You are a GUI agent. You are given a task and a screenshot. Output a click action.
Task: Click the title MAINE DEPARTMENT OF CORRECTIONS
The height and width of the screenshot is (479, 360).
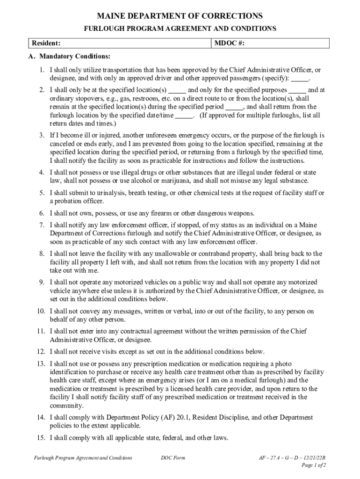[x=180, y=16]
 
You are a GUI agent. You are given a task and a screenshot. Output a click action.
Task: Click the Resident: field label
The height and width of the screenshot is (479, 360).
[x=46, y=44]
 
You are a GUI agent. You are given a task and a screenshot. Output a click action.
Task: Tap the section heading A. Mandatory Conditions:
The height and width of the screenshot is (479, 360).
[x=69, y=57]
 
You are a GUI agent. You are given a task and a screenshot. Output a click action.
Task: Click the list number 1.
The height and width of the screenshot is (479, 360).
[x=42, y=70]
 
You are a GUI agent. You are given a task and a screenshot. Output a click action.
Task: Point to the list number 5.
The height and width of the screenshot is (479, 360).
[x=42, y=193]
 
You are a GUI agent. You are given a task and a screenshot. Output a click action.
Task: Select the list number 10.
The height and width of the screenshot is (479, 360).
[x=41, y=311]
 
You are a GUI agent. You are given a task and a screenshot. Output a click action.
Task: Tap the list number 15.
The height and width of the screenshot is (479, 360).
[x=41, y=438]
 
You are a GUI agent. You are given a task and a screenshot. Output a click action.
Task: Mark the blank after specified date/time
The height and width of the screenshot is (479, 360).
[x=184, y=115]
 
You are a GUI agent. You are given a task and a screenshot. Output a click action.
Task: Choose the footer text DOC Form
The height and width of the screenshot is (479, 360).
[x=173, y=457]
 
